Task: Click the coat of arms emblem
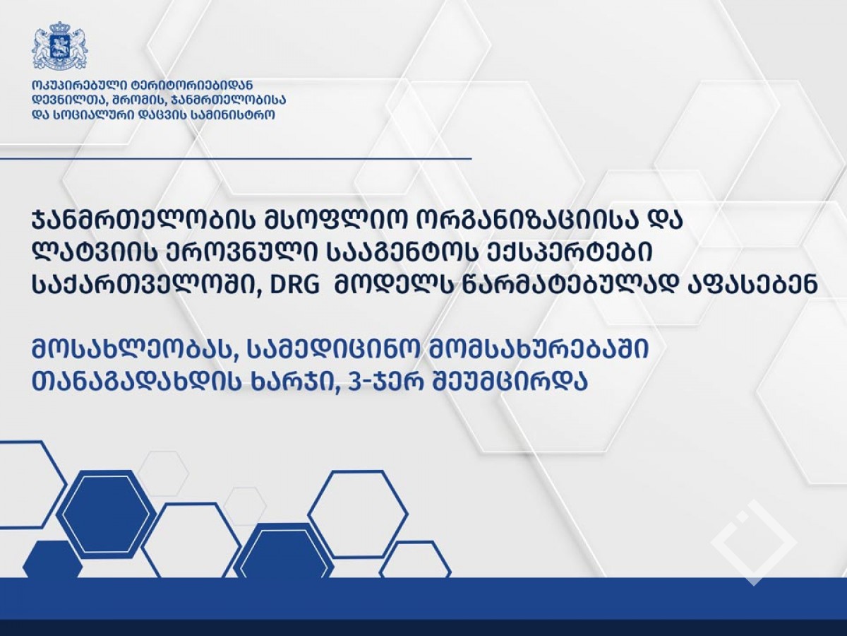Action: [x=60, y=47]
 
